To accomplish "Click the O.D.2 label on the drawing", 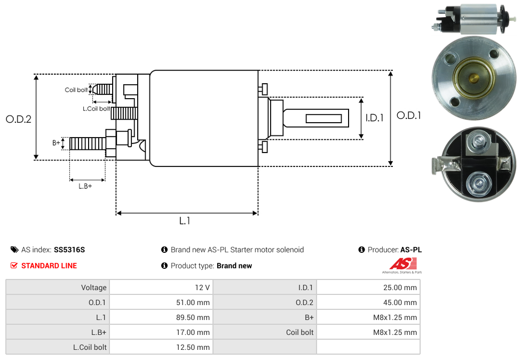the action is click(19, 119).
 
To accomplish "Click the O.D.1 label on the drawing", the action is click(409, 116).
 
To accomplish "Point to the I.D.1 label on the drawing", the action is click(375, 118).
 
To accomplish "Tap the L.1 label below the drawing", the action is click(185, 221).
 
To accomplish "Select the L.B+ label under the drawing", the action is click(85, 186).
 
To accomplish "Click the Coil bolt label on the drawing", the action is click(76, 90).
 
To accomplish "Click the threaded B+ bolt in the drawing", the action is click(88, 143).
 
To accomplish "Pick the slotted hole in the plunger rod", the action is click(323, 118).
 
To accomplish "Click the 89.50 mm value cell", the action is click(162, 317).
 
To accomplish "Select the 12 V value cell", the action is click(162, 287).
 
